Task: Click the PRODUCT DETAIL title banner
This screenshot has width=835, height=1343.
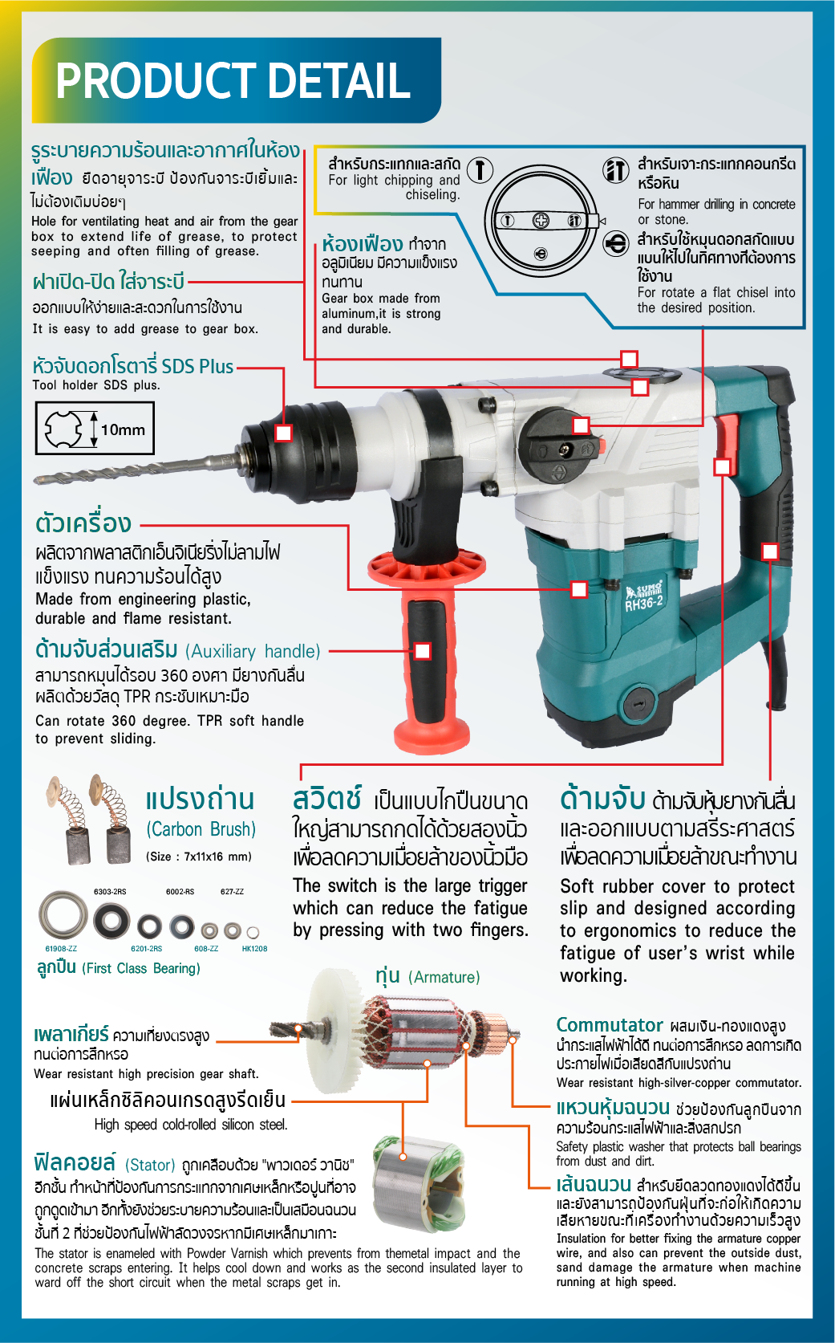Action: click(x=237, y=80)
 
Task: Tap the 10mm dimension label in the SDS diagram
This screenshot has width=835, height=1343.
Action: click(x=123, y=429)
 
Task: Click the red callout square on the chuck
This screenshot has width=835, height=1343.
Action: click(x=283, y=433)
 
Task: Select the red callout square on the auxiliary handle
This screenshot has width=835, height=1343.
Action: click(x=422, y=651)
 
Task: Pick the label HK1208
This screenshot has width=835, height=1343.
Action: click(x=254, y=949)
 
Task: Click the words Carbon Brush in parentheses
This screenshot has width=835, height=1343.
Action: click(x=201, y=829)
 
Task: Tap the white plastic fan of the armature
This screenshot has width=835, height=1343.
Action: click(x=335, y=1032)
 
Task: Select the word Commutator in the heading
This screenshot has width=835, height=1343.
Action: click(x=609, y=1024)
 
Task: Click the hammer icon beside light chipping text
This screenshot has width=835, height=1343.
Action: click(x=480, y=169)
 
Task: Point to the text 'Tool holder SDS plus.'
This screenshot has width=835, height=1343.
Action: click(x=96, y=385)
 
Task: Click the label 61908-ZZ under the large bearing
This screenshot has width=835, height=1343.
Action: click(x=61, y=949)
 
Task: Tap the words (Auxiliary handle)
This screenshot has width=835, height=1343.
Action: click(x=253, y=651)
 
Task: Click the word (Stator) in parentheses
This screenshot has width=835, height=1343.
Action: click(x=150, y=1165)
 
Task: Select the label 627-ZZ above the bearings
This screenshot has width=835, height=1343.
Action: click(x=232, y=892)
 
